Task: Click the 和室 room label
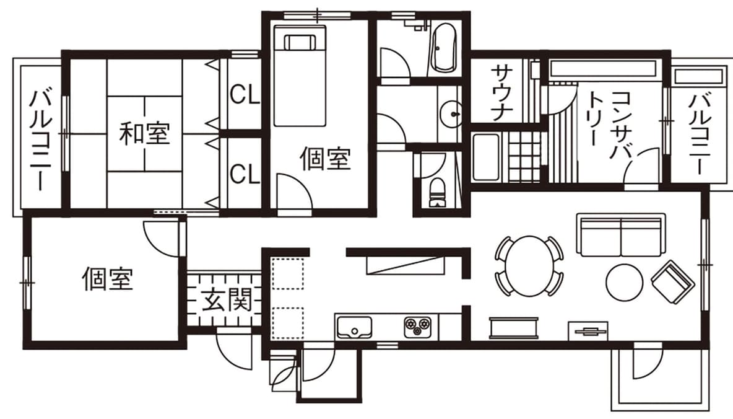[x=144, y=133]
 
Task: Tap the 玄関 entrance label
[x=227, y=299]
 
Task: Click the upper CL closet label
[x=245, y=95]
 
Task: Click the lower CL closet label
[x=245, y=174]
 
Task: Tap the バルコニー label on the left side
[x=41, y=141]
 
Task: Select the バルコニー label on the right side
[x=700, y=134]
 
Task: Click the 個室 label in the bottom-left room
[x=108, y=279]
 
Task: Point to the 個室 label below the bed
[x=326, y=158]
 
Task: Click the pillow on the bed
[x=300, y=43]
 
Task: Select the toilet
[x=438, y=192]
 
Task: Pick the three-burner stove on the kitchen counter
[x=417, y=326]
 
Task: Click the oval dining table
[x=529, y=265]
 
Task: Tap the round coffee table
[x=624, y=282]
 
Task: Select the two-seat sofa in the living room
[x=622, y=235]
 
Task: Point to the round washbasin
[x=451, y=114]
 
